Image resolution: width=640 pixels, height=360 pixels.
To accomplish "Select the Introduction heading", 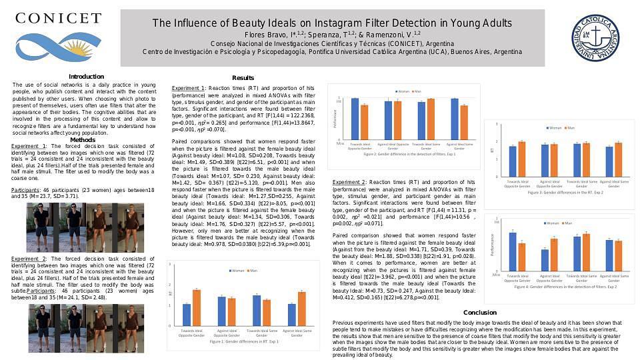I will (86, 77).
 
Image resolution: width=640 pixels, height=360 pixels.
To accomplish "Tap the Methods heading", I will (83, 139).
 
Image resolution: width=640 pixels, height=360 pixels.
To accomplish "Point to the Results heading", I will (243, 78).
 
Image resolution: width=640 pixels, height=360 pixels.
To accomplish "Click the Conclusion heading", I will (479, 312).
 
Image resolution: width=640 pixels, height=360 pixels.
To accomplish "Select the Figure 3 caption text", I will (565, 192).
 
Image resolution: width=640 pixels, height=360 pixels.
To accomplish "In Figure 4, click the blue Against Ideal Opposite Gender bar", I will (545, 259).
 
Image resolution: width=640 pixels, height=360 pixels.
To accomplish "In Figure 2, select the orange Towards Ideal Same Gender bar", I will (431, 118).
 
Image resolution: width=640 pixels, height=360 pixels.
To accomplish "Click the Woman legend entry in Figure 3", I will (553, 127).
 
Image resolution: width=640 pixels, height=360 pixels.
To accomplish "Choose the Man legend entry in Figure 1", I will (253, 271).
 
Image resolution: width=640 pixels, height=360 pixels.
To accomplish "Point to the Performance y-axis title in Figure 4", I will (493, 245).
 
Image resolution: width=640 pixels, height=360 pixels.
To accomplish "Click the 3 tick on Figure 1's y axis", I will (171, 265).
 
